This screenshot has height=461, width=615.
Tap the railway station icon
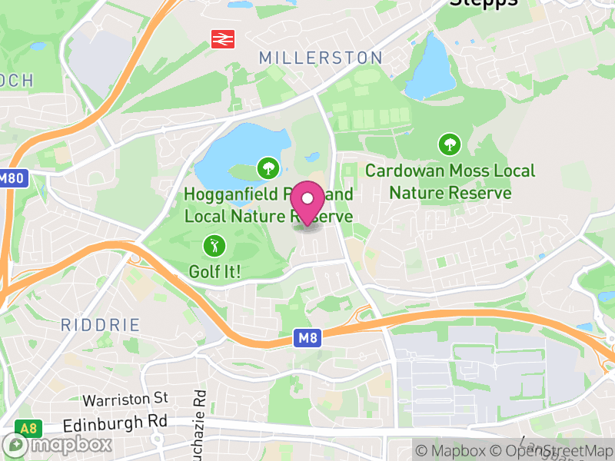tap(223, 38)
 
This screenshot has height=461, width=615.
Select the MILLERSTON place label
tap(321, 58)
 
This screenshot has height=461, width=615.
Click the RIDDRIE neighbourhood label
tap(101, 325)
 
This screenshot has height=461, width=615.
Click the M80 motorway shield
tap(12, 177)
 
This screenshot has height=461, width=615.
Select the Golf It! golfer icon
tap(213, 246)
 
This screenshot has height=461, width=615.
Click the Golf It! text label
tap(215, 271)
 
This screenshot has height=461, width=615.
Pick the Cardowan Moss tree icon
tap(449, 144)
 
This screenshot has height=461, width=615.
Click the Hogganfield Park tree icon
tap(268, 167)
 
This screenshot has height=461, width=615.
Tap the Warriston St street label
tap(125, 399)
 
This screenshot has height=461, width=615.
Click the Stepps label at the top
tap(484, 4)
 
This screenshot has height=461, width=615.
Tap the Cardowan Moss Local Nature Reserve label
tap(450, 181)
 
